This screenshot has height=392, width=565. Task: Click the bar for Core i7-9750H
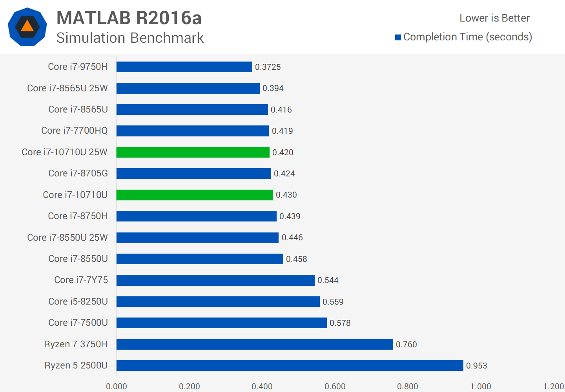tap(184, 67)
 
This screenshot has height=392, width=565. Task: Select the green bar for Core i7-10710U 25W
tap(193, 152)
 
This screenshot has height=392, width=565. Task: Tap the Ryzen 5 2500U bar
tap(290, 365)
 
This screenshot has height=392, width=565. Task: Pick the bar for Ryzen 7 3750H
tap(255, 344)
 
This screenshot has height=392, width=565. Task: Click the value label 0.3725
tap(268, 67)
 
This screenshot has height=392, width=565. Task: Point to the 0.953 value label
tap(476, 366)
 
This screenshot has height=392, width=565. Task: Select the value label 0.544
tap(328, 280)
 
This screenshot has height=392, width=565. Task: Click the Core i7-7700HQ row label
tap(74, 131)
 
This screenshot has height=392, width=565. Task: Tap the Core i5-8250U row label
tap(78, 301)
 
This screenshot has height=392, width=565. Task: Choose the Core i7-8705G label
tap(78, 173)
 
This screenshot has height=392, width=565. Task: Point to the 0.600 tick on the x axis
tap(335, 387)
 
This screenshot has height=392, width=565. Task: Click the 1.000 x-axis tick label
tap(481, 387)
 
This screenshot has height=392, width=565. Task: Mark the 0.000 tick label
tap(117, 387)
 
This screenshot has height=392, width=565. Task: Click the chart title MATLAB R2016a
tap(129, 18)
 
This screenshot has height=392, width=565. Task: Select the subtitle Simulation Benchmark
tap(130, 38)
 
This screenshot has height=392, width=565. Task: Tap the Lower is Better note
tap(494, 18)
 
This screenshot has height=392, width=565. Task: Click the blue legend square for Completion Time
tap(398, 37)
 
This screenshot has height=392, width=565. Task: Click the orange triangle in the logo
tap(27, 26)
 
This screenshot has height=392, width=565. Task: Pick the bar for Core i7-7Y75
tap(215, 280)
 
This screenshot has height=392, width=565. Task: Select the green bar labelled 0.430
tap(195, 195)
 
